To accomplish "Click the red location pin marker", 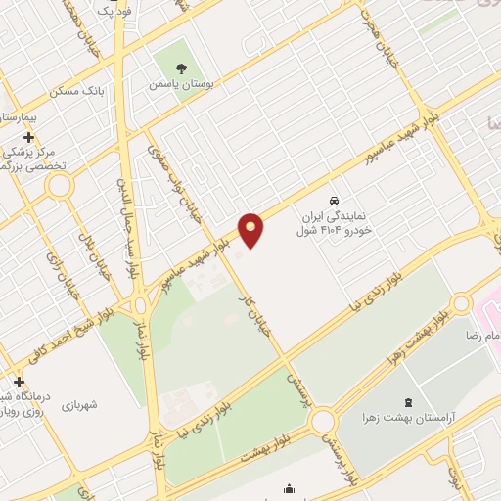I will point(251,229).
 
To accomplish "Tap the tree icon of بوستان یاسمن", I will point(181,68).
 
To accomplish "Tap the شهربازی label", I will point(82,404).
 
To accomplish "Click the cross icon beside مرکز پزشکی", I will point(29,137).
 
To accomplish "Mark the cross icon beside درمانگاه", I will point(19,380).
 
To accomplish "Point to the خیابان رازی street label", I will point(52,257).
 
